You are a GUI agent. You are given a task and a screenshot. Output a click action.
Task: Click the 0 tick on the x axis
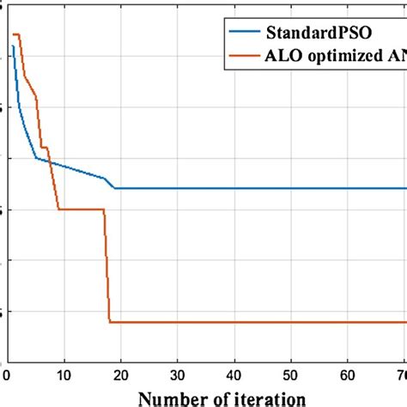click(7, 374)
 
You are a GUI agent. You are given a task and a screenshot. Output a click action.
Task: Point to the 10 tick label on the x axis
click(64, 374)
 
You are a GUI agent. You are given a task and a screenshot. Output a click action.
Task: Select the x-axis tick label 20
click(120, 374)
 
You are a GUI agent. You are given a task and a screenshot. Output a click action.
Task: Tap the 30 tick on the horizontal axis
click(177, 374)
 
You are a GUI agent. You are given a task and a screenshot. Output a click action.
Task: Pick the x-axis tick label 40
click(234, 374)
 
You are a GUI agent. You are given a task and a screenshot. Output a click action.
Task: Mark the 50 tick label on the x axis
click(291, 374)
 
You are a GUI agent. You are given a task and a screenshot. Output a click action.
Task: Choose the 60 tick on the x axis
click(348, 374)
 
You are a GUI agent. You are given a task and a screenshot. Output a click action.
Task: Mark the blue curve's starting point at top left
click(13, 46)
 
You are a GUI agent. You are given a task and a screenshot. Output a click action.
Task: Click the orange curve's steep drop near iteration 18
click(106, 266)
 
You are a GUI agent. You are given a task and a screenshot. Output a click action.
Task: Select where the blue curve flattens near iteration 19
click(115, 188)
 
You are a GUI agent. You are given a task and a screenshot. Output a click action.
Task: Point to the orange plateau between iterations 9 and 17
click(82, 209)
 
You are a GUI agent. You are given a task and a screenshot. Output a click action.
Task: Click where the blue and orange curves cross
click(50, 162)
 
